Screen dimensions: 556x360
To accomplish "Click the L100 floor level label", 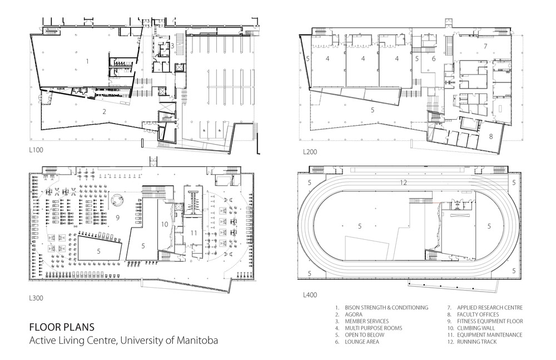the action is (x=36, y=150).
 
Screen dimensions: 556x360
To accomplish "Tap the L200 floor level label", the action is (x=310, y=152).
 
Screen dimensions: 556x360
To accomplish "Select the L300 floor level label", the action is (x=36, y=298).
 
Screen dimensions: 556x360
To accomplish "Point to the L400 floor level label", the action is (x=310, y=295).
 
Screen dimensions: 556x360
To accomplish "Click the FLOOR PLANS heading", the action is (x=62, y=327).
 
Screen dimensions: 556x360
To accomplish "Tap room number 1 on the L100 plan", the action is (x=87, y=61).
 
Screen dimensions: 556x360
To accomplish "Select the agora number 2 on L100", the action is (x=105, y=112).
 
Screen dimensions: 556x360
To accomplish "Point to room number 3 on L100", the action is (x=172, y=46).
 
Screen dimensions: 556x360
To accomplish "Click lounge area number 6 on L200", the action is (x=434, y=58).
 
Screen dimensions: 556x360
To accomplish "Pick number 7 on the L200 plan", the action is (x=485, y=46).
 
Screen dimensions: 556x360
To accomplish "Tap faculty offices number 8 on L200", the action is (x=491, y=136).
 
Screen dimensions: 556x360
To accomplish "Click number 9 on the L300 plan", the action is (x=118, y=218).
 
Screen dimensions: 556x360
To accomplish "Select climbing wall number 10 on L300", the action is (x=164, y=224).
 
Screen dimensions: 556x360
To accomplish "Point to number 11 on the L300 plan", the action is (x=193, y=233).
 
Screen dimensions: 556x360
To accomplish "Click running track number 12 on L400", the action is (x=403, y=183).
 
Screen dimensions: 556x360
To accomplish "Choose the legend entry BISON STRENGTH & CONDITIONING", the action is (x=386, y=308).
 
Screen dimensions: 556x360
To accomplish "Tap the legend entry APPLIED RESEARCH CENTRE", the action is (x=490, y=308).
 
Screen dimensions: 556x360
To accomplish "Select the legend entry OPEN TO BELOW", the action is (x=365, y=335).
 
